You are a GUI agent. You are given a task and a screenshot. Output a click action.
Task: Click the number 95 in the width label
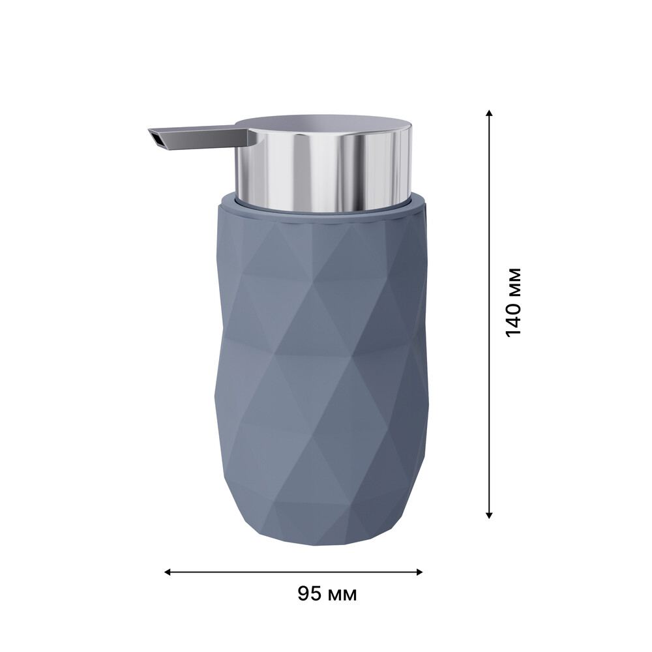click(x=310, y=593)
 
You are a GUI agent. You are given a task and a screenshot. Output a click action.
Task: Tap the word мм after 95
click(x=343, y=595)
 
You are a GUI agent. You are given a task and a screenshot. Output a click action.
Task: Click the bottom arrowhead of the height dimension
click(x=490, y=515)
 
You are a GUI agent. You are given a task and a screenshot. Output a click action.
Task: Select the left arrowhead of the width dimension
click(x=168, y=572)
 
